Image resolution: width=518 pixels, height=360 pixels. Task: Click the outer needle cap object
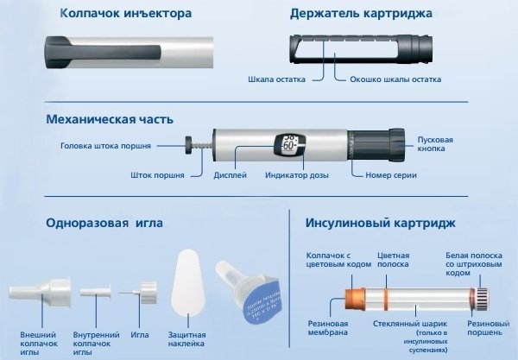[x=31, y=296]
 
